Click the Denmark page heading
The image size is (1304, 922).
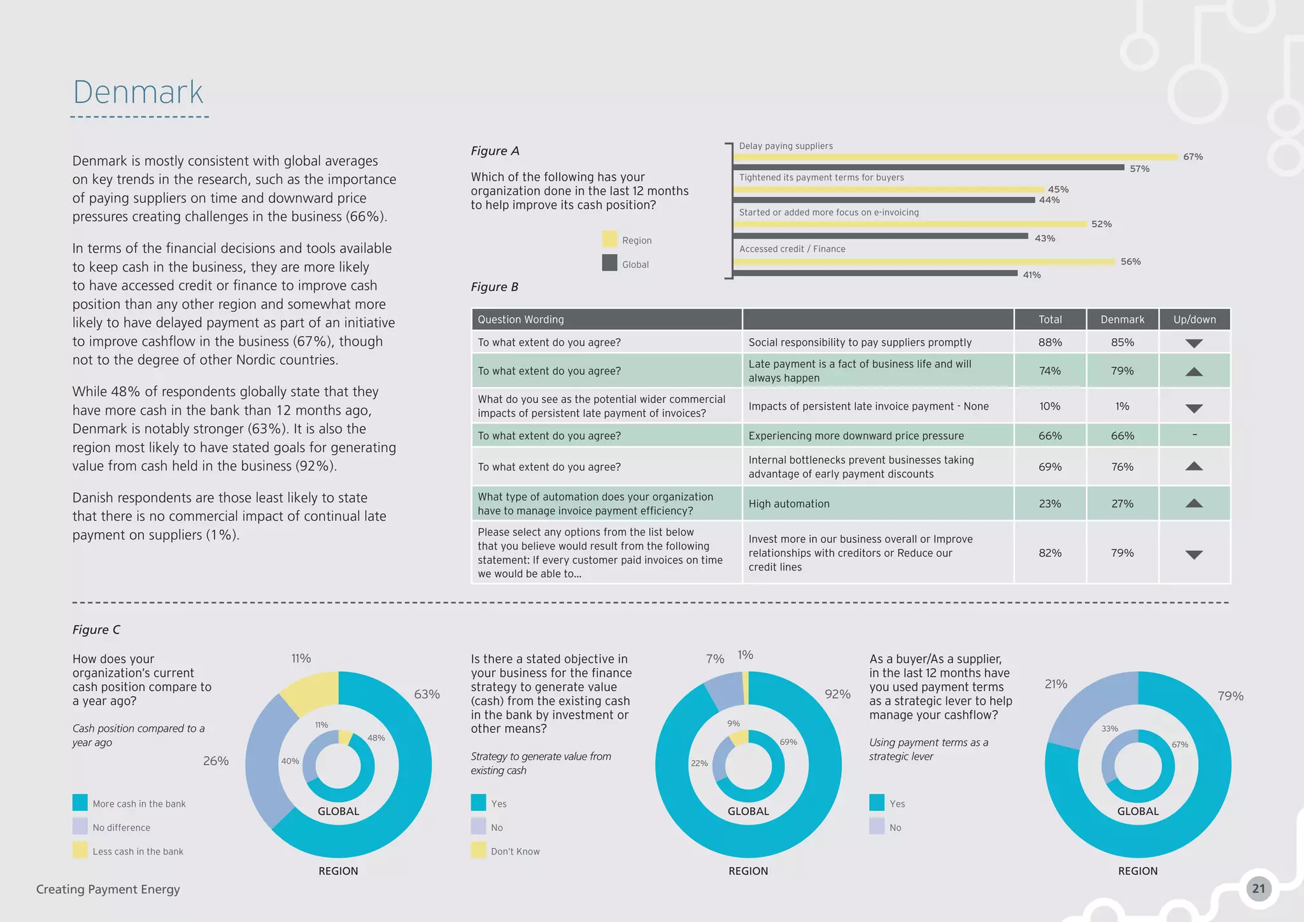coord(138,93)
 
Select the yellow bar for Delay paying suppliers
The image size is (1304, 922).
coord(955,157)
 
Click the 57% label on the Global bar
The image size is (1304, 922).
coord(1139,169)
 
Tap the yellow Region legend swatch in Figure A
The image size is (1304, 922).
coord(609,239)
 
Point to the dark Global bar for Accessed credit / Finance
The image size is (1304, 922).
coord(875,273)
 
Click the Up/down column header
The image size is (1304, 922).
coord(1194,320)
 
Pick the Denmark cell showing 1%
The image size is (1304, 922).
coord(1122,406)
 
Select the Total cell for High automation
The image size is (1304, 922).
coord(1049,504)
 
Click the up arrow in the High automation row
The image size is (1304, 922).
coord(1194,504)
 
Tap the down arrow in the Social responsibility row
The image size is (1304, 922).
coord(1194,343)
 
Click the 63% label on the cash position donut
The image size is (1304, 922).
coord(427,694)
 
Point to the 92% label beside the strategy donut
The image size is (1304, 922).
coord(837,694)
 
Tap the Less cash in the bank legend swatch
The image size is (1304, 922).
coord(80,851)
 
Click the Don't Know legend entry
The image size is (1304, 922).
coord(514,851)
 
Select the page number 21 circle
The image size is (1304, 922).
coord(1258,889)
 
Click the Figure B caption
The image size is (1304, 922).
coord(495,287)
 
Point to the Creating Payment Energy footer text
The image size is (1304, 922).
coord(108,890)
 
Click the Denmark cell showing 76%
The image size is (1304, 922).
coord(1122,467)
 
